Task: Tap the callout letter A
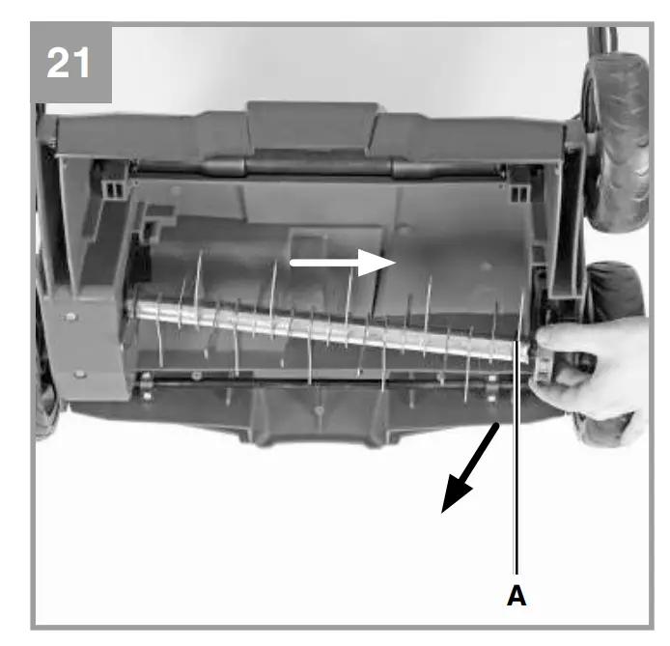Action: [x=517, y=597]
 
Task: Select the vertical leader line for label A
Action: [x=517, y=463]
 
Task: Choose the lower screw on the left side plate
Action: [x=79, y=373]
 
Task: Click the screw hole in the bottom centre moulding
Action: [x=318, y=409]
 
